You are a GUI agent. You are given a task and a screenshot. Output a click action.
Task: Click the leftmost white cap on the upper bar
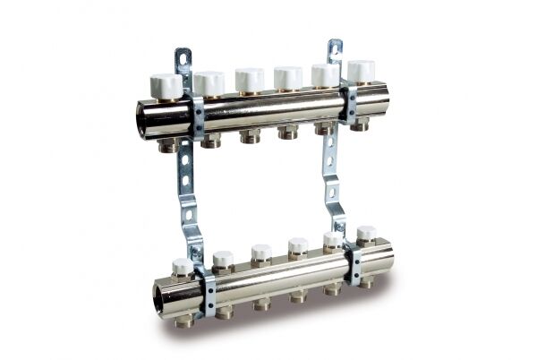click(166, 86)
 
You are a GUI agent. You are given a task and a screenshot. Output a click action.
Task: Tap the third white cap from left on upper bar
click(250, 79)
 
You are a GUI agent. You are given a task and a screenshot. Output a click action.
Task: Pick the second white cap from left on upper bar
click(209, 83)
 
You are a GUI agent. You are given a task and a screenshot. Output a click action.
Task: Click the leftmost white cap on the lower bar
click(183, 267)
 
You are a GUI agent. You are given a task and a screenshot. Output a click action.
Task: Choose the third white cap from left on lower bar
click(260, 253)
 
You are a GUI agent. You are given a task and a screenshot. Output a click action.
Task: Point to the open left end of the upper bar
click(147, 117)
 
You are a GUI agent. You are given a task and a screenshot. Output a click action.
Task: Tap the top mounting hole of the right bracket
click(334, 47)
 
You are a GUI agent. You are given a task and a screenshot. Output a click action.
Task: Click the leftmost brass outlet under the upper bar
click(167, 144)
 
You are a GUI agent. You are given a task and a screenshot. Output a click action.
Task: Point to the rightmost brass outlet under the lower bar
click(366, 280)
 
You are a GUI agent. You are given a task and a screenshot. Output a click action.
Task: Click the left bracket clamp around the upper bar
click(196, 115)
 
